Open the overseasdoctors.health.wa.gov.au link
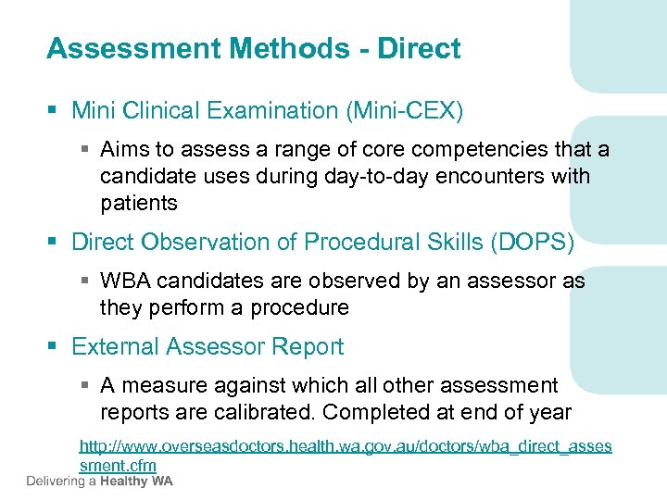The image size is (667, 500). coord(346,446)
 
